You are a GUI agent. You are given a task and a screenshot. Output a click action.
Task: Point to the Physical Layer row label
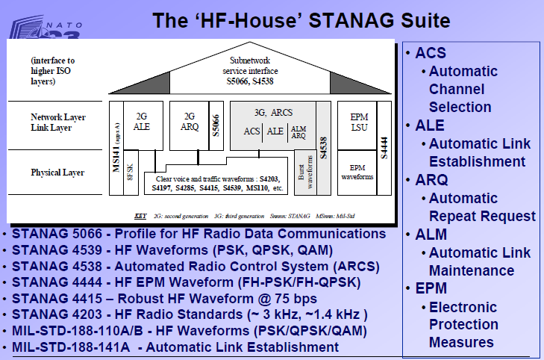[56, 173]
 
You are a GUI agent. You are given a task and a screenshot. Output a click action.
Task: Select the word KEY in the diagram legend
[140, 217]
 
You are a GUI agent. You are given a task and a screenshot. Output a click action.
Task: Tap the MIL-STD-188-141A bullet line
[175, 347]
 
